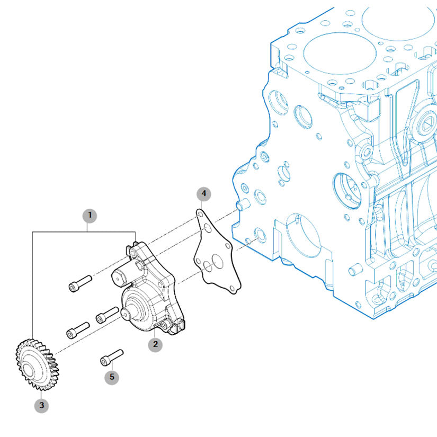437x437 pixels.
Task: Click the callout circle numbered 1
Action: [90, 216]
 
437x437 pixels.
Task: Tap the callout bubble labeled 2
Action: [155, 344]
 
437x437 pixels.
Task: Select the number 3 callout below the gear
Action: [41, 406]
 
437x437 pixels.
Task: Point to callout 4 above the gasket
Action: [204, 194]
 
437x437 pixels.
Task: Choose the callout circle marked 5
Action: [112, 377]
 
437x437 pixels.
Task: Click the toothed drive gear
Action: [37, 364]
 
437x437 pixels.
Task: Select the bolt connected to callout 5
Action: [111, 358]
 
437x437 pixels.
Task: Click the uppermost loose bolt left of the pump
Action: [81, 284]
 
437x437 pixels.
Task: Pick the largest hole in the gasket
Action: [217, 262]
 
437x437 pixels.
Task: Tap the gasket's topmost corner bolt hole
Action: [200, 215]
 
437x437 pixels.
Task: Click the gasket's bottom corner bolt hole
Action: [232, 288]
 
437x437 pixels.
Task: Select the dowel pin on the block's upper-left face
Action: [243, 205]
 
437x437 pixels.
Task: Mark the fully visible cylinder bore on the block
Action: [340, 53]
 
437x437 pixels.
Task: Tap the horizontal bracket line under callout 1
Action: [84, 232]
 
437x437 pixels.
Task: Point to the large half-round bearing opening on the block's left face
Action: [303, 235]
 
